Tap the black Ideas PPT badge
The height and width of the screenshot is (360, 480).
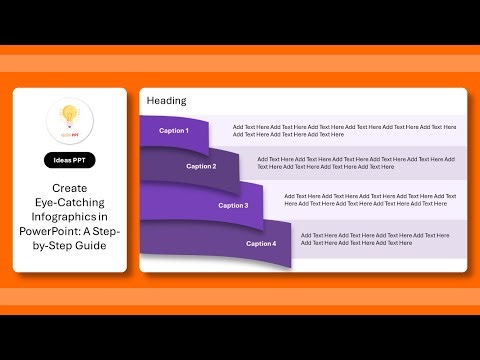[x=70, y=160]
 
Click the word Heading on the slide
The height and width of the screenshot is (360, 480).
[x=166, y=101]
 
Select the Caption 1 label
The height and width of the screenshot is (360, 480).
[x=173, y=131]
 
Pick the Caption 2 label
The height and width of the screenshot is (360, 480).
[x=201, y=166]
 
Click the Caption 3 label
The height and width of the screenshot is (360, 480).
[x=233, y=205]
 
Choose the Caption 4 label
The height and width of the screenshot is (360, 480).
[x=261, y=243]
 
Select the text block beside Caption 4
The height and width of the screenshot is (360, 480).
[x=374, y=238]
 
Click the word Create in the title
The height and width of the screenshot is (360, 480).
[x=70, y=188]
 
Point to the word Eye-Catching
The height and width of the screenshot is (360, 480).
[x=70, y=202]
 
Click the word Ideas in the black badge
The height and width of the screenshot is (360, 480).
[x=62, y=160]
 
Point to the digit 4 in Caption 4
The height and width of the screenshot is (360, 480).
[x=274, y=243]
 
